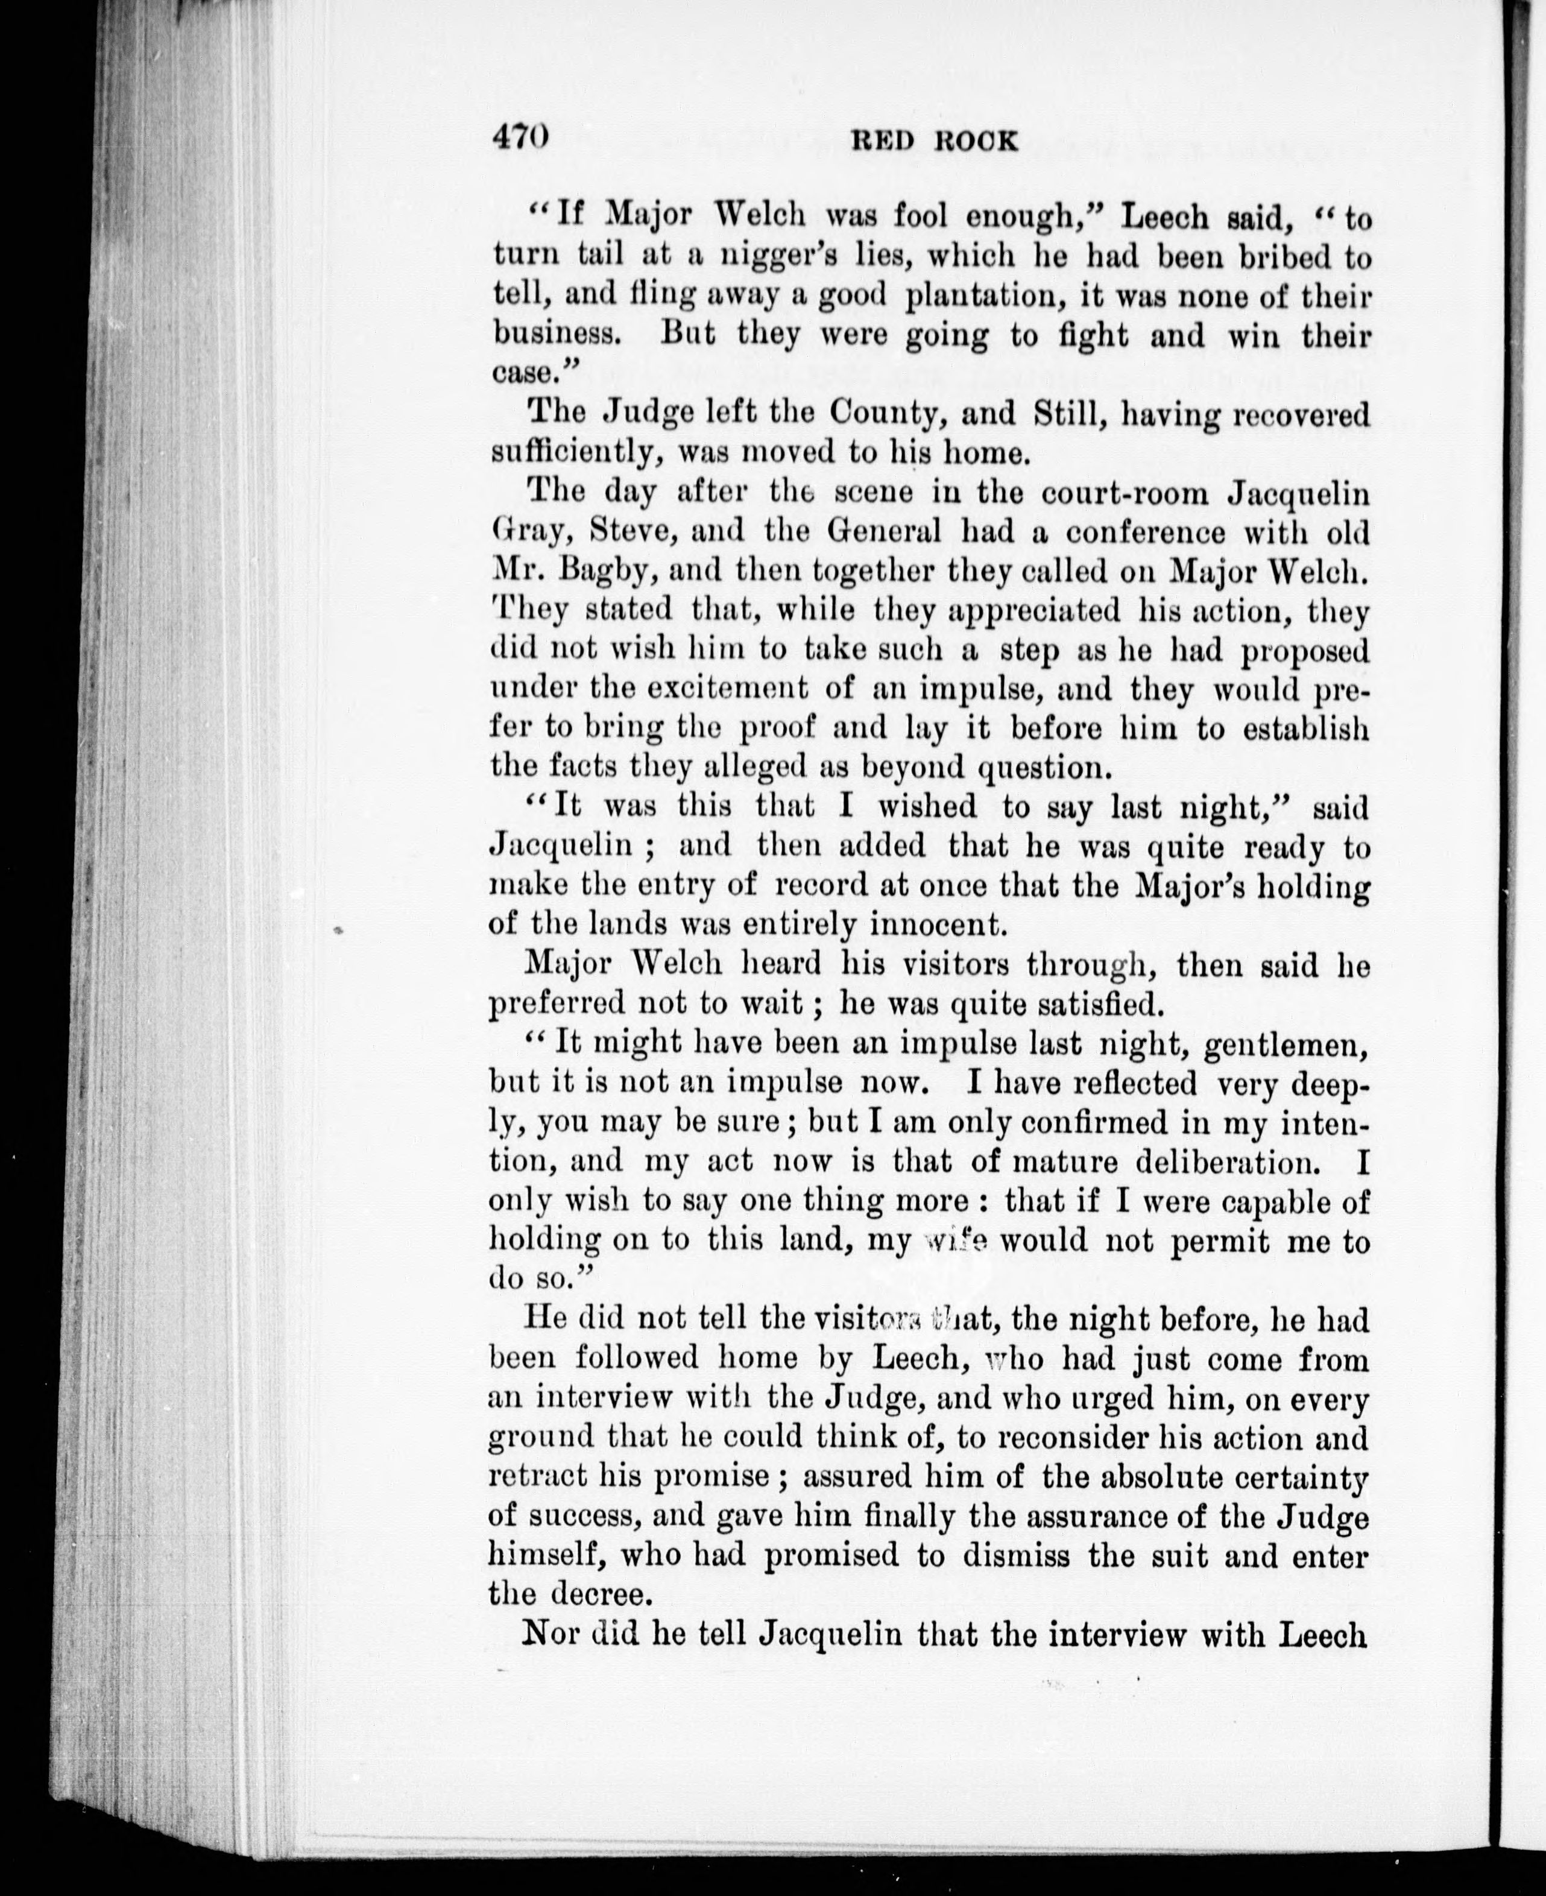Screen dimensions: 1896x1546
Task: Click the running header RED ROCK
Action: [934, 142]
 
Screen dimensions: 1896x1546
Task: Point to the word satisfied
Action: [1087, 1003]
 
